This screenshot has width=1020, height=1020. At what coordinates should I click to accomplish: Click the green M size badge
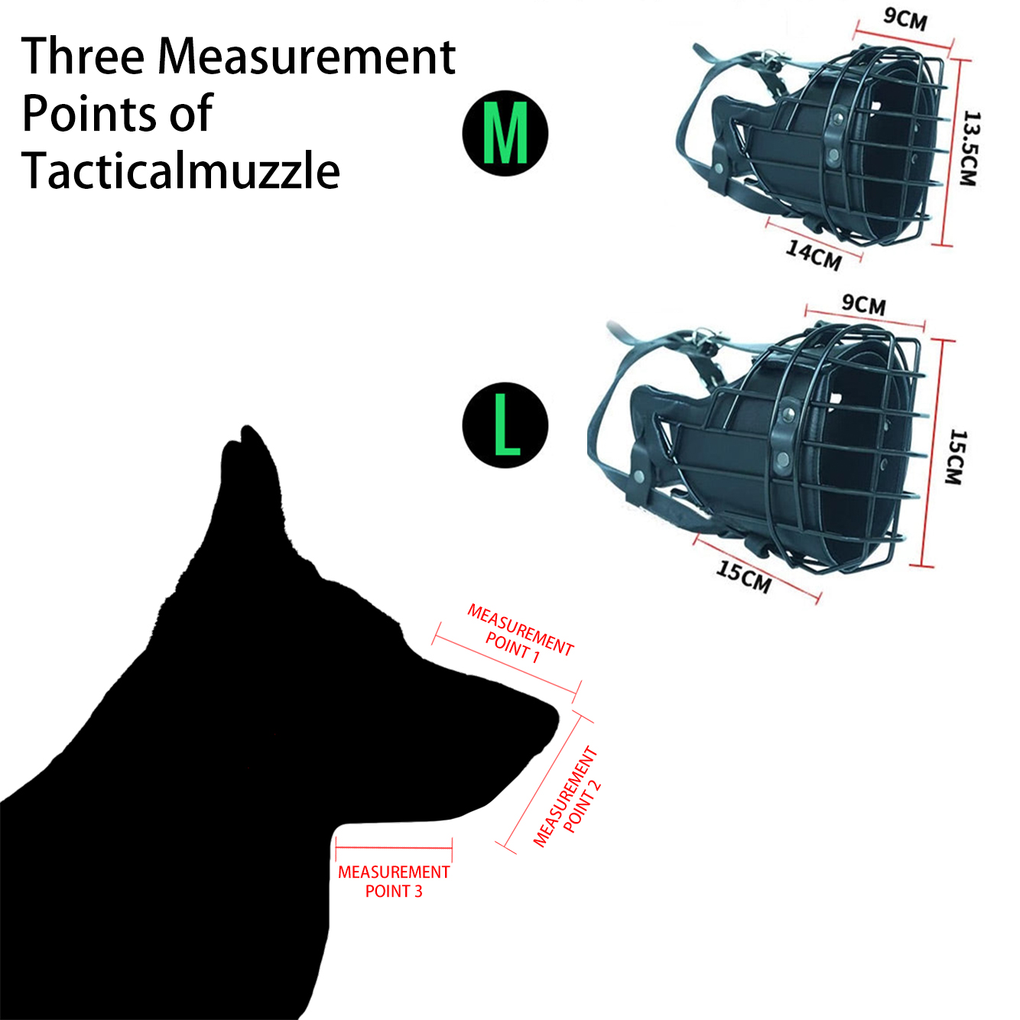[505, 133]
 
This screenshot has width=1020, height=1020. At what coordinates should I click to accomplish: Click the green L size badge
[505, 425]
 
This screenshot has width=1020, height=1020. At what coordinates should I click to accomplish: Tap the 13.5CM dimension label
[970, 148]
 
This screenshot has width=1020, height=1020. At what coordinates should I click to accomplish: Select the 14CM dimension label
[814, 255]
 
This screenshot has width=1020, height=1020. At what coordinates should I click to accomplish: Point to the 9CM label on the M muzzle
[905, 18]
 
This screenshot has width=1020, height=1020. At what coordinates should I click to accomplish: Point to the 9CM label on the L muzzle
[864, 304]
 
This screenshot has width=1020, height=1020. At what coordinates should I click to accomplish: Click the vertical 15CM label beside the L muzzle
[956, 456]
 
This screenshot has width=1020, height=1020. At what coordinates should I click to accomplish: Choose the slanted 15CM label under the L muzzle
[744, 576]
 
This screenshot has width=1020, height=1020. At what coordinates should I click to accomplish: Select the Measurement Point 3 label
[394, 882]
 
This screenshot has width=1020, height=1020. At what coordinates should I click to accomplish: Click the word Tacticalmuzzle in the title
[180, 171]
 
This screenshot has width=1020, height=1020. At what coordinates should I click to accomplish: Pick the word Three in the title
[83, 57]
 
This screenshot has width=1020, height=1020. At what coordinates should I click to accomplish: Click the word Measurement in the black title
[307, 57]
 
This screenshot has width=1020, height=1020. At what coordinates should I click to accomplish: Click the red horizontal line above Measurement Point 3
[394, 848]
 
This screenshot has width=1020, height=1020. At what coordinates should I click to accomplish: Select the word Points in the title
[84, 114]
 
